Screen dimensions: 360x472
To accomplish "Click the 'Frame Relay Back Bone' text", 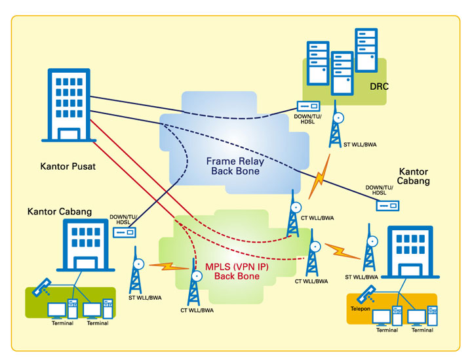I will pyautogui.click(x=235, y=166).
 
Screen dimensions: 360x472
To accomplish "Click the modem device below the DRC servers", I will pyautogui.click(x=308, y=106).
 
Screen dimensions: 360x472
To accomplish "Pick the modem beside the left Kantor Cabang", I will pyautogui.click(x=125, y=232).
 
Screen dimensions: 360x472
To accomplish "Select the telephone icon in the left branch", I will pyautogui.click(x=43, y=286).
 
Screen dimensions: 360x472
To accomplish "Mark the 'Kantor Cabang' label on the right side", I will pyautogui.click(x=414, y=176).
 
